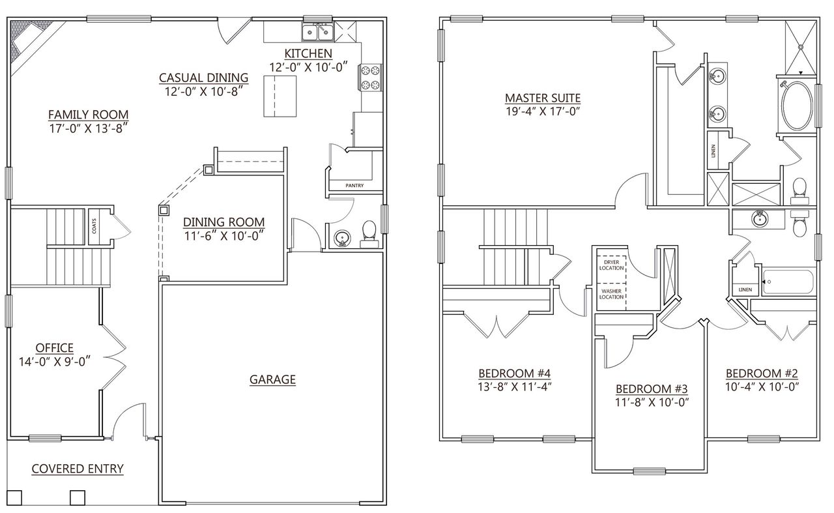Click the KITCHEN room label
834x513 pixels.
click(x=308, y=53)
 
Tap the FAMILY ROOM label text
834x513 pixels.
click(x=88, y=115)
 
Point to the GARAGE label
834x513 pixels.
click(x=272, y=379)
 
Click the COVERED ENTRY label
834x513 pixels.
click(x=78, y=468)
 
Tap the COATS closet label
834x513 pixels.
click(x=94, y=226)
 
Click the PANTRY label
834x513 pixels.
click(x=354, y=186)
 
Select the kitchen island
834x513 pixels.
click(x=280, y=95)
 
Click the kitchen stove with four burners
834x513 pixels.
click(x=370, y=76)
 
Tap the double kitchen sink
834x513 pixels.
click(x=317, y=31)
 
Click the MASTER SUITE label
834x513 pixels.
click(x=543, y=98)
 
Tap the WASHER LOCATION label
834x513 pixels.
click(x=611, y=294)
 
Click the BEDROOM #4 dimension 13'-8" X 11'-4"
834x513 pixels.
click(x=515, y=386)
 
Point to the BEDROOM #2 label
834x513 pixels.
click(x=762, y=374)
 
